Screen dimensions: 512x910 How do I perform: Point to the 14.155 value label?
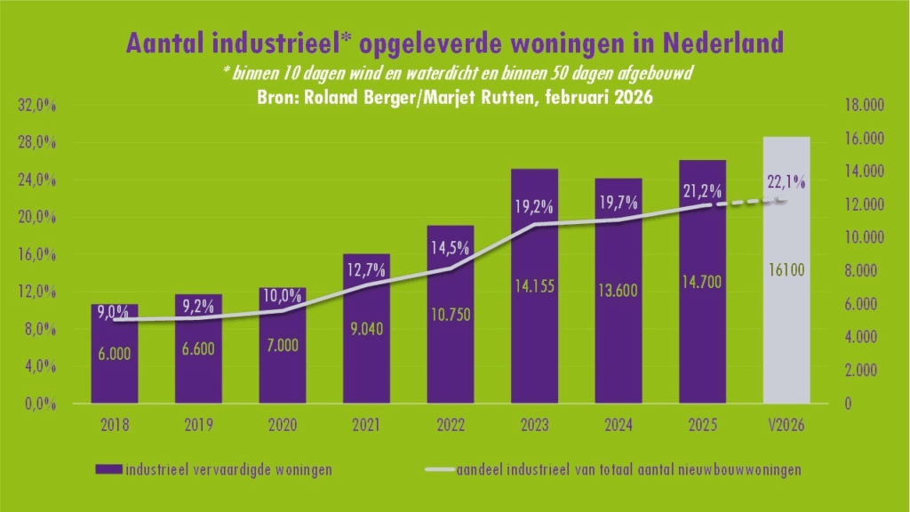[534, 287]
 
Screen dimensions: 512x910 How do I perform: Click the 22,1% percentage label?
[786, 182]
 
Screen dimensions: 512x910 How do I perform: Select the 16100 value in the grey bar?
[786, 270]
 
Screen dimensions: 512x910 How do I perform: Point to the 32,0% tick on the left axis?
[37, 106]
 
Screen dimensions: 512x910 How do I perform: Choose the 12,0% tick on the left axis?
[37, 292]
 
